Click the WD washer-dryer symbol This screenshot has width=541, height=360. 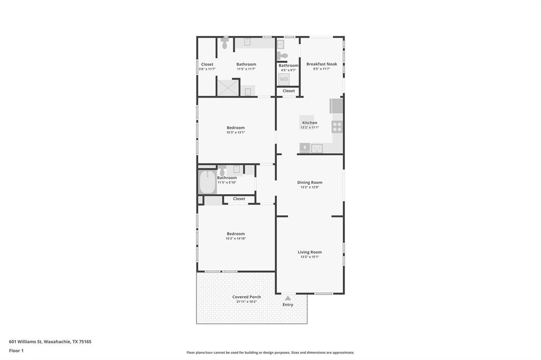click(x=284, y=79)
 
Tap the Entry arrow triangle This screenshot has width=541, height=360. click(x=288, y=298)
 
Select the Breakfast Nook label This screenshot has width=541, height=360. click(x=321, y=64)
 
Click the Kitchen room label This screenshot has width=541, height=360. click(x=310, y=122)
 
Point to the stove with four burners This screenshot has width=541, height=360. click(x=337, y=127)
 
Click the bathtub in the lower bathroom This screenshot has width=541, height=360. click(x=208, y=182)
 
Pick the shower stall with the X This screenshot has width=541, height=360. click(x=228, y=87)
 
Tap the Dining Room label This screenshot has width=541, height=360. click(x=310, y=182)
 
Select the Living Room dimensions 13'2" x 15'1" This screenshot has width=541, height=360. click(x=310, y=257)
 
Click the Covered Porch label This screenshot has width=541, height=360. click(x=247, y=297)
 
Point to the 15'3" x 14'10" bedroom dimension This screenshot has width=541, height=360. click(x=236, y=239)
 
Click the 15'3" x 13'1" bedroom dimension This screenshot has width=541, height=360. click(x=236, y=132)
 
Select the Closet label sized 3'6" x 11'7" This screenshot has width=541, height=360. click(x=207, y=64)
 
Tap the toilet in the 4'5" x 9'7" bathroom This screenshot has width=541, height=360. click(x=284, y=55)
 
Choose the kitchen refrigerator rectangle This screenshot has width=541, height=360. click(x=337, y=106)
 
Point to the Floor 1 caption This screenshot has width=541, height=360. click(x=16, y=350)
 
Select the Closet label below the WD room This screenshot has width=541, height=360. click(x=288, y=91)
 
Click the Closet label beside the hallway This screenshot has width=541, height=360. click(x=239, y=199)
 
